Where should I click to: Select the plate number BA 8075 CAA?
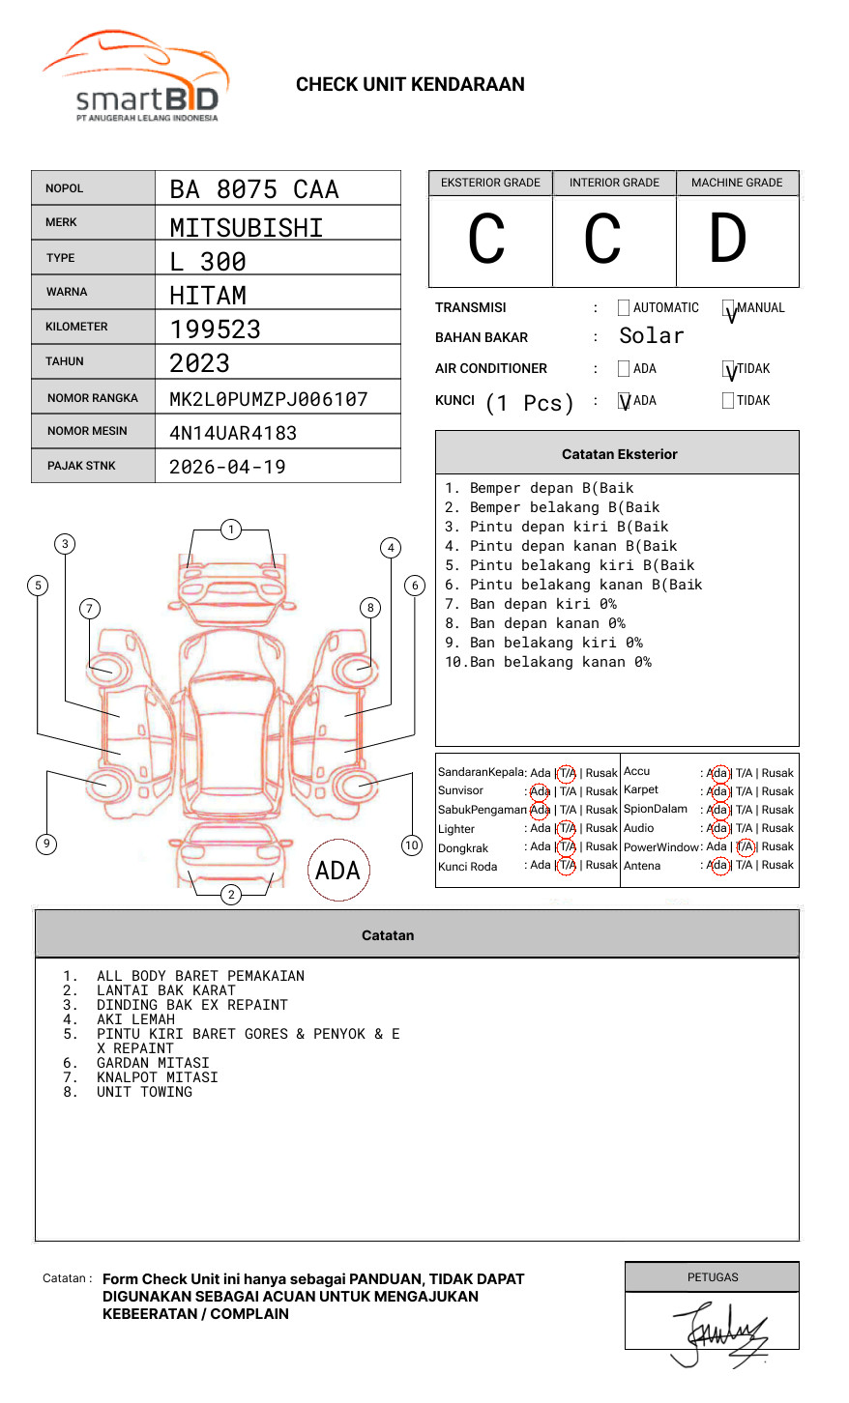click(254, 189)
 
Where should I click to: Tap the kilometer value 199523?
click(216, 329)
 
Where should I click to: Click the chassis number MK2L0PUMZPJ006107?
click(269, 399)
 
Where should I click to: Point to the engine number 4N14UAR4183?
click(233, 433)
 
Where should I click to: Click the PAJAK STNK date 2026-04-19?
click(228, 467)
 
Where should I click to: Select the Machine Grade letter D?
click(727, 240)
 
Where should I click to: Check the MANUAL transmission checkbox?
click(728, 308)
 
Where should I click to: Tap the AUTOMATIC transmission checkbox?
click(624, 308)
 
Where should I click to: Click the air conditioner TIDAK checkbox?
click(728, 369)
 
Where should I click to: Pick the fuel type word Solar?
click(651, 336)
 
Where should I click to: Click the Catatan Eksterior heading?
click(619, 454)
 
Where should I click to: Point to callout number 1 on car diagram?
click(230, 530)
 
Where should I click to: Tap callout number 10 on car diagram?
click(412, 845)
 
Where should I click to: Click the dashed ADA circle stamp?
click(338, 871)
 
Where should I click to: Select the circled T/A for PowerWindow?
click(746, 846)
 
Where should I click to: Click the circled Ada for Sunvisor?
click(540, 791)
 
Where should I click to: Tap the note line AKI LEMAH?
click(135, 1019)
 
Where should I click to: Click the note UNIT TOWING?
click(144, 1092)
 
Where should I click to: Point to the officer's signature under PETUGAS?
click(720, 1333)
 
